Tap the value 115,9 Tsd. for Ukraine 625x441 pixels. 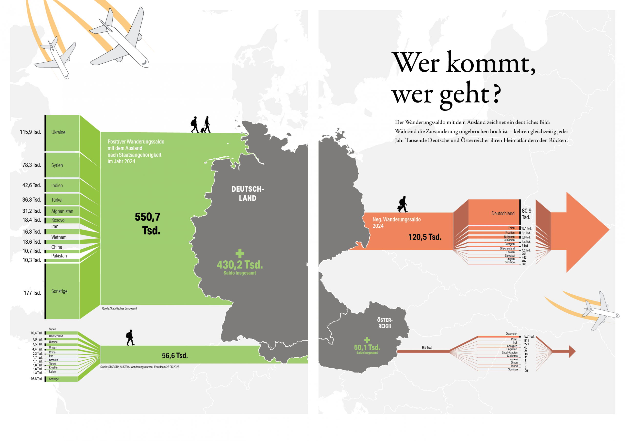point(30,132)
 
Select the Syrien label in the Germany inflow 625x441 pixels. point(57,165)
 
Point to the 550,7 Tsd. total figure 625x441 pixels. point(147,224)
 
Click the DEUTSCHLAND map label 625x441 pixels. point(248,194)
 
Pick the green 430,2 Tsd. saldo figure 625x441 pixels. point(240,265)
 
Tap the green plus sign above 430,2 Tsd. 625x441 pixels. point(240,254)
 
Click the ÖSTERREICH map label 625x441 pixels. point(385,323)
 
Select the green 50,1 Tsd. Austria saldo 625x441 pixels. point(367,347)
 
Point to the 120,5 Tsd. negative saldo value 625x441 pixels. point(425,237)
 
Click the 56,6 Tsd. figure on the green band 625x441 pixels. point(175,355)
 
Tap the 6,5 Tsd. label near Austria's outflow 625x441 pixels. point(427,348)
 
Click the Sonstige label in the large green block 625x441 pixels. point(59,291)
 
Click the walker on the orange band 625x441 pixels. point(403,204)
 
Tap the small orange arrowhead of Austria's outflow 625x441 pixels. point(572,352)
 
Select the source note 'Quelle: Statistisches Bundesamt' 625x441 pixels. point(119,309)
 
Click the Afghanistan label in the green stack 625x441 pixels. point(62,211)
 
